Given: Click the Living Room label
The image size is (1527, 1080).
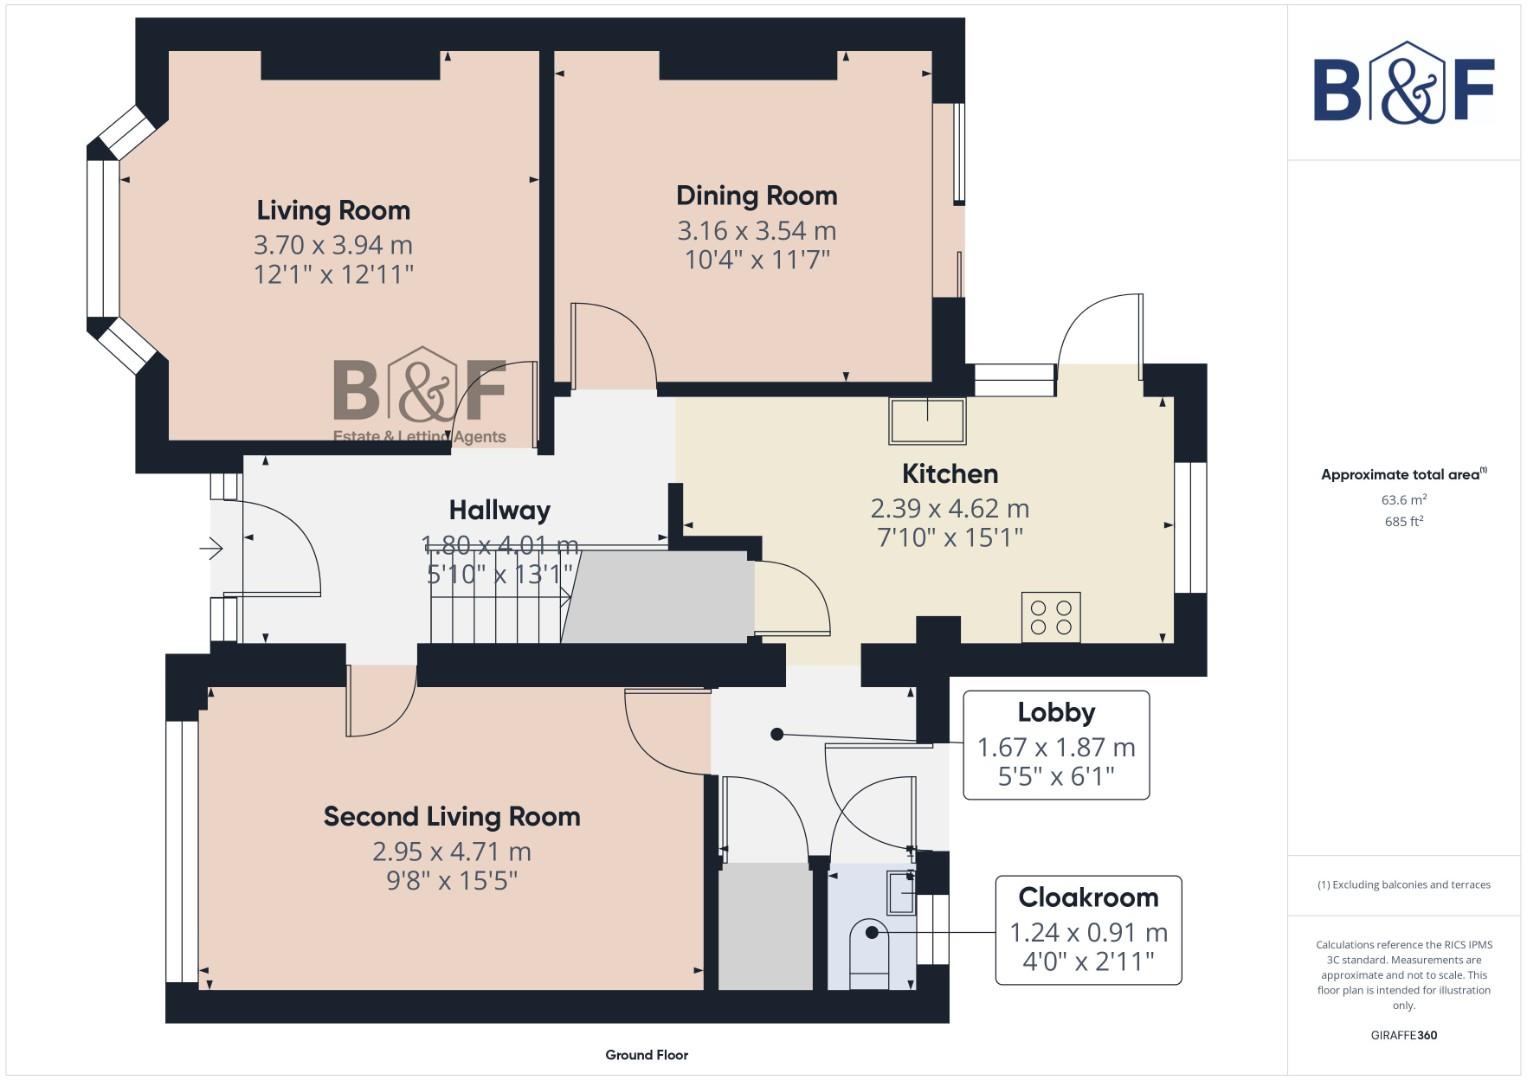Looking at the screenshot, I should coord(333,211).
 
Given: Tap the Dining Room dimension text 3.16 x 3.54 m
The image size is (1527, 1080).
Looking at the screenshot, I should coord(756,231).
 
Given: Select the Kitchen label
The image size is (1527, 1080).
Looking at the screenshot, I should coord(949,474).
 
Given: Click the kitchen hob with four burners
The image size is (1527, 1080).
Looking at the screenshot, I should coord(1050,616).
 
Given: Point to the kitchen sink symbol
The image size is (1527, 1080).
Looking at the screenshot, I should coord(927,421).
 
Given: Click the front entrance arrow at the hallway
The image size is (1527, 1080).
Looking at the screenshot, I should coord(212,548).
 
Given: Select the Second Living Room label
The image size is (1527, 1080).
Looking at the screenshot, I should coord(451,817).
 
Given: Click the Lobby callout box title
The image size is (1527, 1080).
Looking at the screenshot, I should coord(1056,713).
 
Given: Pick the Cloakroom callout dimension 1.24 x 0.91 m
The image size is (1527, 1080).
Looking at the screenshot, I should coord(1088,933).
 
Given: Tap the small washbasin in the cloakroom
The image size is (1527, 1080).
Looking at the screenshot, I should coord(900,891).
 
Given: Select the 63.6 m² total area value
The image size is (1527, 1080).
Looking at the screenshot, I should coord(1403,499).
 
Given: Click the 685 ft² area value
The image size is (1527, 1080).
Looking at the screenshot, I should coord(1403,521).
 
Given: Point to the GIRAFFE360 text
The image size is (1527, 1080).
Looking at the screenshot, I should coord(1403,1035).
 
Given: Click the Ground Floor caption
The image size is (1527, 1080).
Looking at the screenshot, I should coord(646,1055).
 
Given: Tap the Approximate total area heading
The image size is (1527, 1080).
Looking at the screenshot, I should coord(1403,474).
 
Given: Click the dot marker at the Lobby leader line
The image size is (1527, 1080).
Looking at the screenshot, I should coord(777,734).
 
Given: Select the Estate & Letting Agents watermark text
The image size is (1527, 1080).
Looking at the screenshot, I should coord(419,436).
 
